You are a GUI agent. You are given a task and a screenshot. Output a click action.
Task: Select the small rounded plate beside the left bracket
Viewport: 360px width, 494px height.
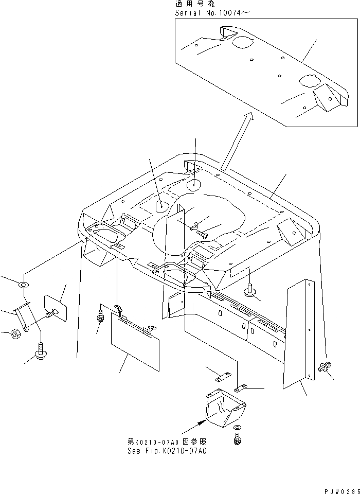pyautogui.click(x=57, y=308)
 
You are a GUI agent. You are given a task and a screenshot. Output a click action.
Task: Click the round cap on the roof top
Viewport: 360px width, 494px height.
pyautogui.click(x=194, y=184)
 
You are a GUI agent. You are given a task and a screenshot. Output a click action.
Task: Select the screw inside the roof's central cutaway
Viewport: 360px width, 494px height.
pyautogui.click(x=203, y=233)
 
